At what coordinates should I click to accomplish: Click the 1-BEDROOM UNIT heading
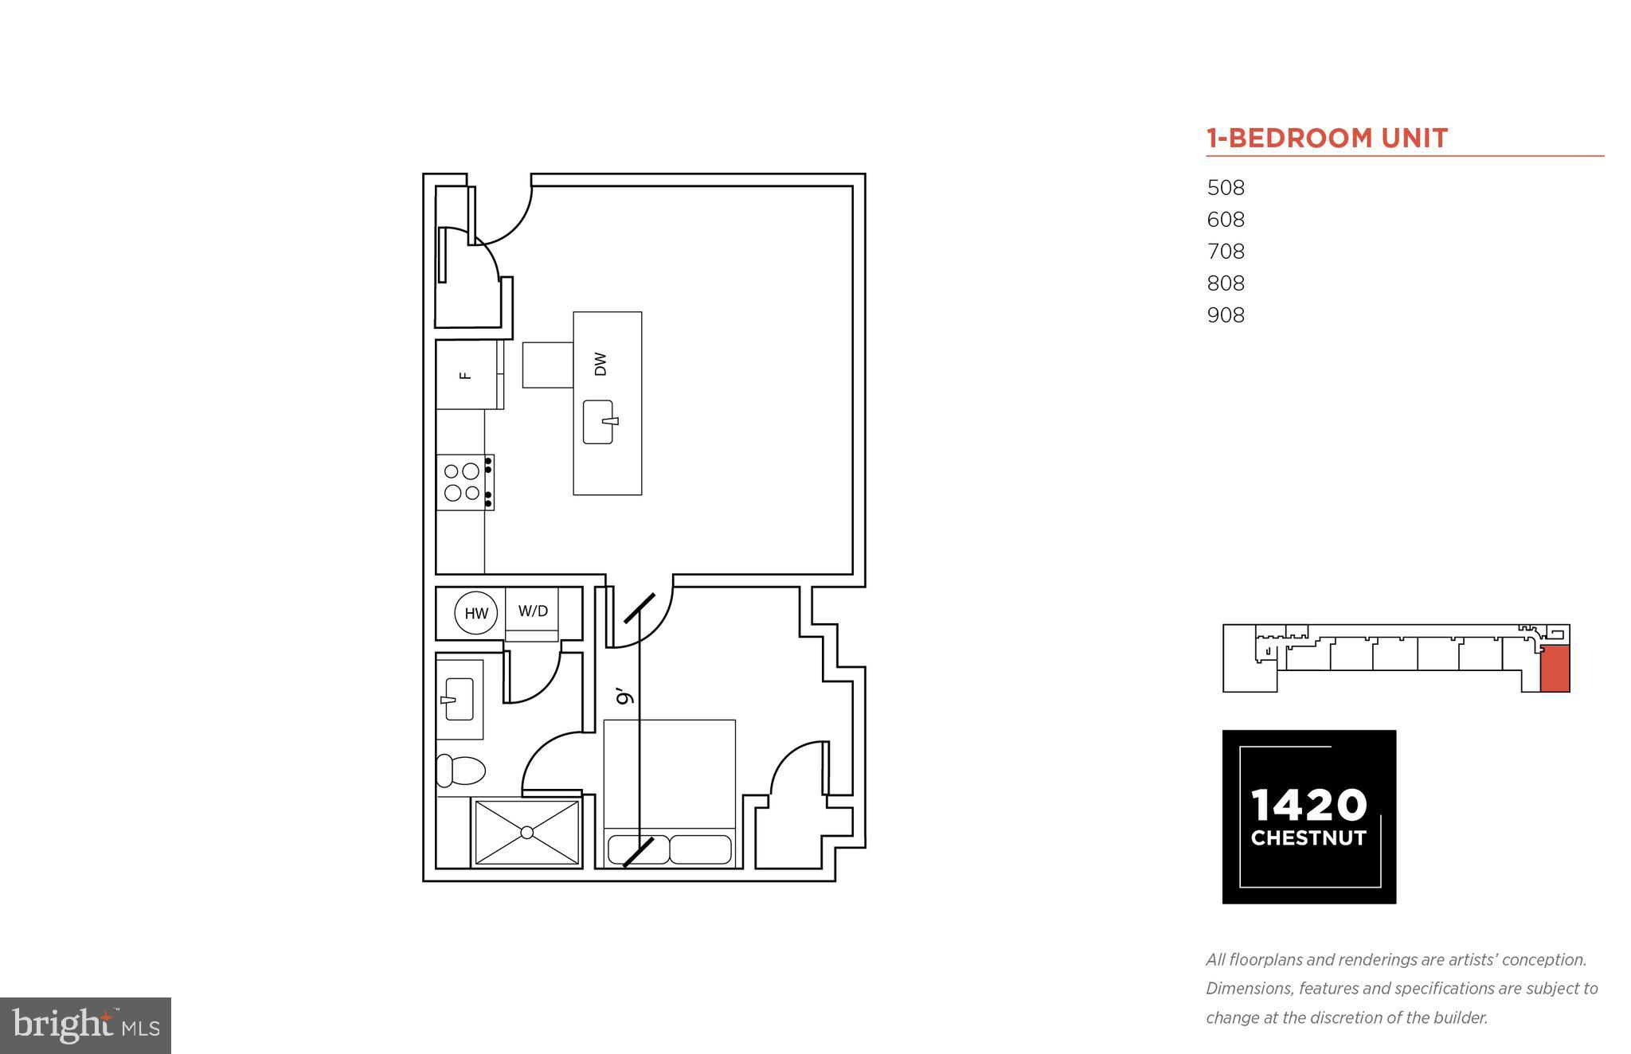click(1327, 139)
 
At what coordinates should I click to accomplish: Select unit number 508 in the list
click(1226, 188)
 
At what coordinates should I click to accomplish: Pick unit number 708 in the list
click(1226, 252)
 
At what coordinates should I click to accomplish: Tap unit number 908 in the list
click(1226, 315)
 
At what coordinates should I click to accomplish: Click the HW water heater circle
click(476, 613)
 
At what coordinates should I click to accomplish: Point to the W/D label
click(533, 611)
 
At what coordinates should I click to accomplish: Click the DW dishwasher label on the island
click(600, 364)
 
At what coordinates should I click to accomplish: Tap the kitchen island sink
click(599, 422)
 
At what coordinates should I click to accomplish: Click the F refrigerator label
click(467, 375)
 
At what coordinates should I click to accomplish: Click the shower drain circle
click(526, 833)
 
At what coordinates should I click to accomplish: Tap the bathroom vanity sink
click(458, 699)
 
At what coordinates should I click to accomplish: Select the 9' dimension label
click(626, 697)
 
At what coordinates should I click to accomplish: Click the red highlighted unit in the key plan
click(1555, 669)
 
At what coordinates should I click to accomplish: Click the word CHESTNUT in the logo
click(1308, 838)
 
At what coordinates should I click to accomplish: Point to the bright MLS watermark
click(85, 1025)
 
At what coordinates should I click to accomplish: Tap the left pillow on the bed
click(638, 849)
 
